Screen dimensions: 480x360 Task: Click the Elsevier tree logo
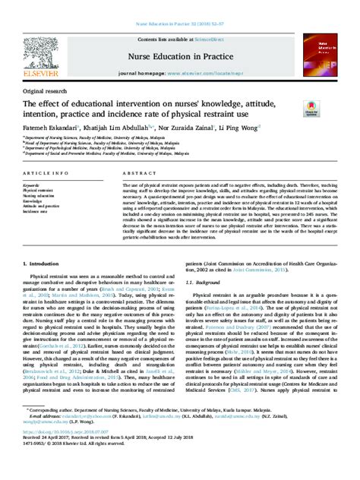(x=35, y=48)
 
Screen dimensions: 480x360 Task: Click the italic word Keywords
(x=33, y=185)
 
